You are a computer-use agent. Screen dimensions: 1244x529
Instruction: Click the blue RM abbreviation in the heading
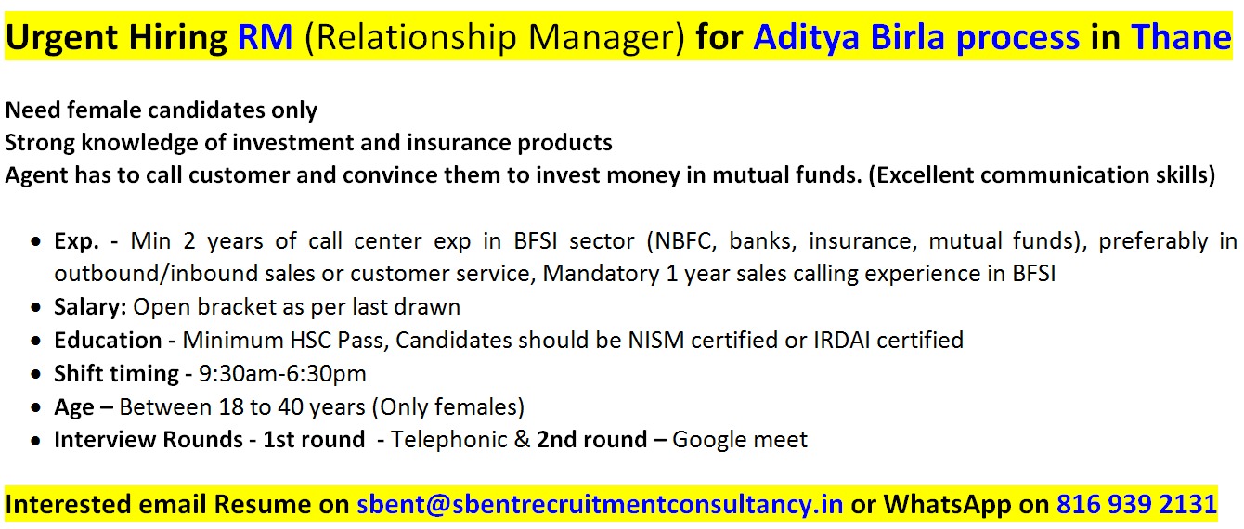click(265, 37)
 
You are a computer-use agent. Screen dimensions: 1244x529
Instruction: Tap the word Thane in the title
click(1181, 37)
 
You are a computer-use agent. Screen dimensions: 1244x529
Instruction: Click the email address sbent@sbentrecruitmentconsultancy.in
click(600, 505)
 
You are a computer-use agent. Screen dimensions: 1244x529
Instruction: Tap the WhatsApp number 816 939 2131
click(1137, 505)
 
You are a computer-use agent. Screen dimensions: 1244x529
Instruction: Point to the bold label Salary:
click(91, 307)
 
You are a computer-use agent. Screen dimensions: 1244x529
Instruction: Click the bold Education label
click(108, 341)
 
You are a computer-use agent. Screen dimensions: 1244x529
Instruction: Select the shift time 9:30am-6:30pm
click(282, 374)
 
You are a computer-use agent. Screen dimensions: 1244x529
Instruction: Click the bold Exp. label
click(76, 242)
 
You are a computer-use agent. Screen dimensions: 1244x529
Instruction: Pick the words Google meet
click(740, 440)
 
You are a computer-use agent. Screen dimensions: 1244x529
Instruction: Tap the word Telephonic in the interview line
click(449, 440)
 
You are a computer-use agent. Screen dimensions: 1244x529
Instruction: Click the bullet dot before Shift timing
click(36, 375)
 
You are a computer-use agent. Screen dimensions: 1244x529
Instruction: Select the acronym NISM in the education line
click(655, 341)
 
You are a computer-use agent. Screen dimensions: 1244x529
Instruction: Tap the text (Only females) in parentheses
click(448, 407)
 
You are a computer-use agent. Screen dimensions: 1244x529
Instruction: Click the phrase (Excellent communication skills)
click(1042, 175)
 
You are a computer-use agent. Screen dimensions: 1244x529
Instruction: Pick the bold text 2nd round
click(592, 440)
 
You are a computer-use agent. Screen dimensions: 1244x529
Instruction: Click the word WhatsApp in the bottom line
click(948, 505)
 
